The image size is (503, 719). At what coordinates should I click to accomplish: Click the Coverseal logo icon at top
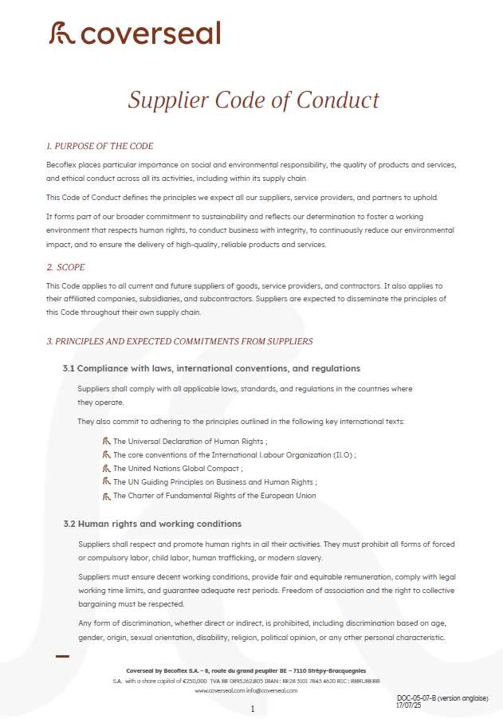62,33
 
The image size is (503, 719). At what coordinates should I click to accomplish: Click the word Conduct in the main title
338,100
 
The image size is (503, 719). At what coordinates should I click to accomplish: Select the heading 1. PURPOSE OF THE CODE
100,146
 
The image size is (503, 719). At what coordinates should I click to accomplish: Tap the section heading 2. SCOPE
65,267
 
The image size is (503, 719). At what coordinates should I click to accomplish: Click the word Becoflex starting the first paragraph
61,164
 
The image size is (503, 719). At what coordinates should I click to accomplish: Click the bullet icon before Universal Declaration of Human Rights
106,441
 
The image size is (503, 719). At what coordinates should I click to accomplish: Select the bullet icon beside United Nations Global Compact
106,468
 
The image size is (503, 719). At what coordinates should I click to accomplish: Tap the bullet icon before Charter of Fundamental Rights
106,495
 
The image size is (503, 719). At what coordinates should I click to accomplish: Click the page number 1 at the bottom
252,709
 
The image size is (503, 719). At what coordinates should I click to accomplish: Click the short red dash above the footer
62,656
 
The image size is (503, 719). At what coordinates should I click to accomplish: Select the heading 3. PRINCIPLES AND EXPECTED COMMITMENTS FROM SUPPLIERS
179,341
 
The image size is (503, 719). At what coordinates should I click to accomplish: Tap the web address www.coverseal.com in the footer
219,690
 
